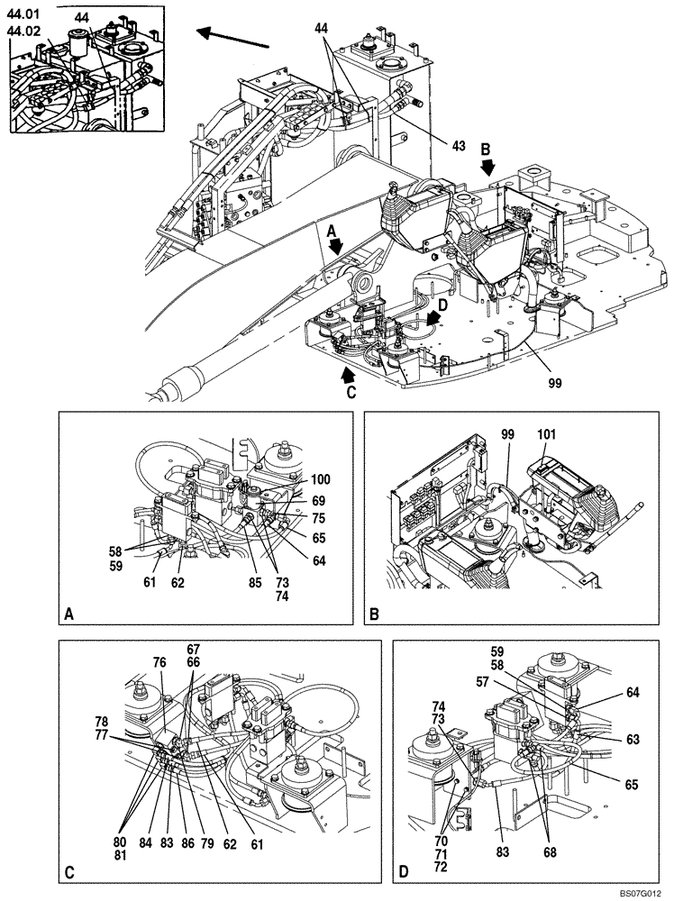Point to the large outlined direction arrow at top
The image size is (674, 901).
[x=233, y=36]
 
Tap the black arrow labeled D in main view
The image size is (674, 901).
[x=435, y=316]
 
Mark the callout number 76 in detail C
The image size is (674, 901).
[x=161, y=663]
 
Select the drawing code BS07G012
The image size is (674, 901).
[x=642, y=892]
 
